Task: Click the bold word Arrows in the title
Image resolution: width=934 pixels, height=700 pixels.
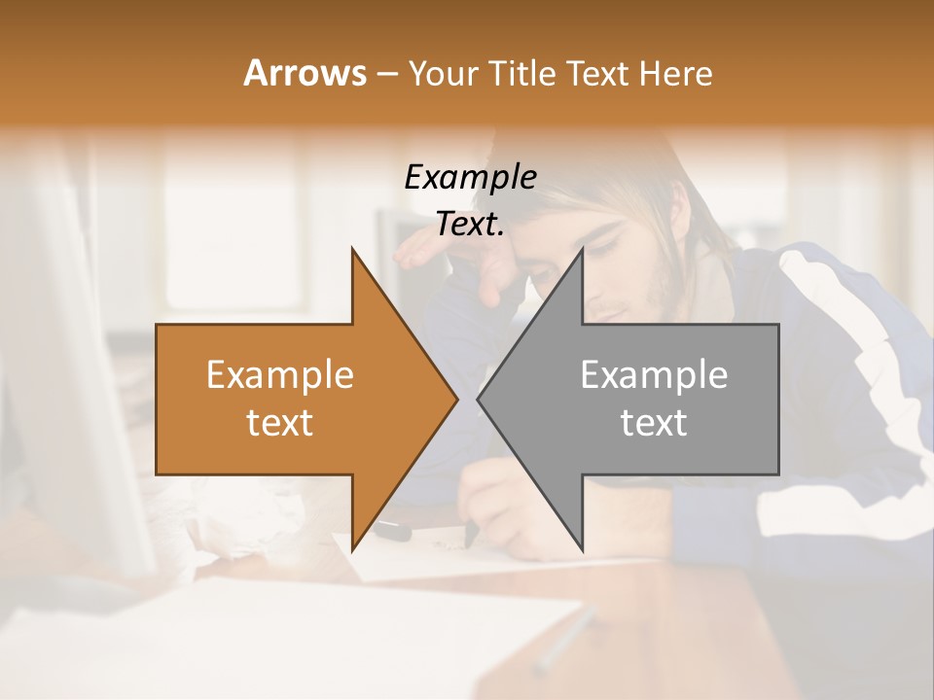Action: pyautogui.click(x=305, y=73)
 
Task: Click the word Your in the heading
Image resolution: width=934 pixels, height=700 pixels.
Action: pyautogui.click(x=444, y=73)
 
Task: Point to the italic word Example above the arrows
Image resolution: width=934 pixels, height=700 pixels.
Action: pyautogui.click(x=470, y=178)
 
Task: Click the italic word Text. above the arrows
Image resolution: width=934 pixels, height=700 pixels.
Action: pyautogui.click(x=470, y=225)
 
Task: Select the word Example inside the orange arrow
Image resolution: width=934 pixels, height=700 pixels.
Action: pyautogui.click(x=280, y=375)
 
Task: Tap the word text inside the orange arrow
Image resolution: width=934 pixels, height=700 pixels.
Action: pyautogui.click(x=280, y=423)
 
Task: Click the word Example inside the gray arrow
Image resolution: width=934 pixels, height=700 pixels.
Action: pyautogui.click(x=654, y=375)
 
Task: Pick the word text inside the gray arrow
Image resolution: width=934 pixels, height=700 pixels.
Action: pyautogui.click(x=654, y=423)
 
